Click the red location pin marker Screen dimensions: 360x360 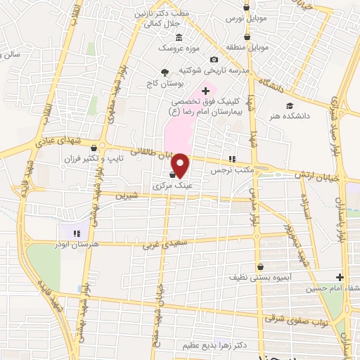[181, 165]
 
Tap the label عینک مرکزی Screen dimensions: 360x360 [172, 187]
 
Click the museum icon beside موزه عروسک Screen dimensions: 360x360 [179, 37]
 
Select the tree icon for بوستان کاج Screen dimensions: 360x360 [165, 72]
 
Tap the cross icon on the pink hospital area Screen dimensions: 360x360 [205, 91]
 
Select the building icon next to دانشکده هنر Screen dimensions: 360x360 [289, 105]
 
